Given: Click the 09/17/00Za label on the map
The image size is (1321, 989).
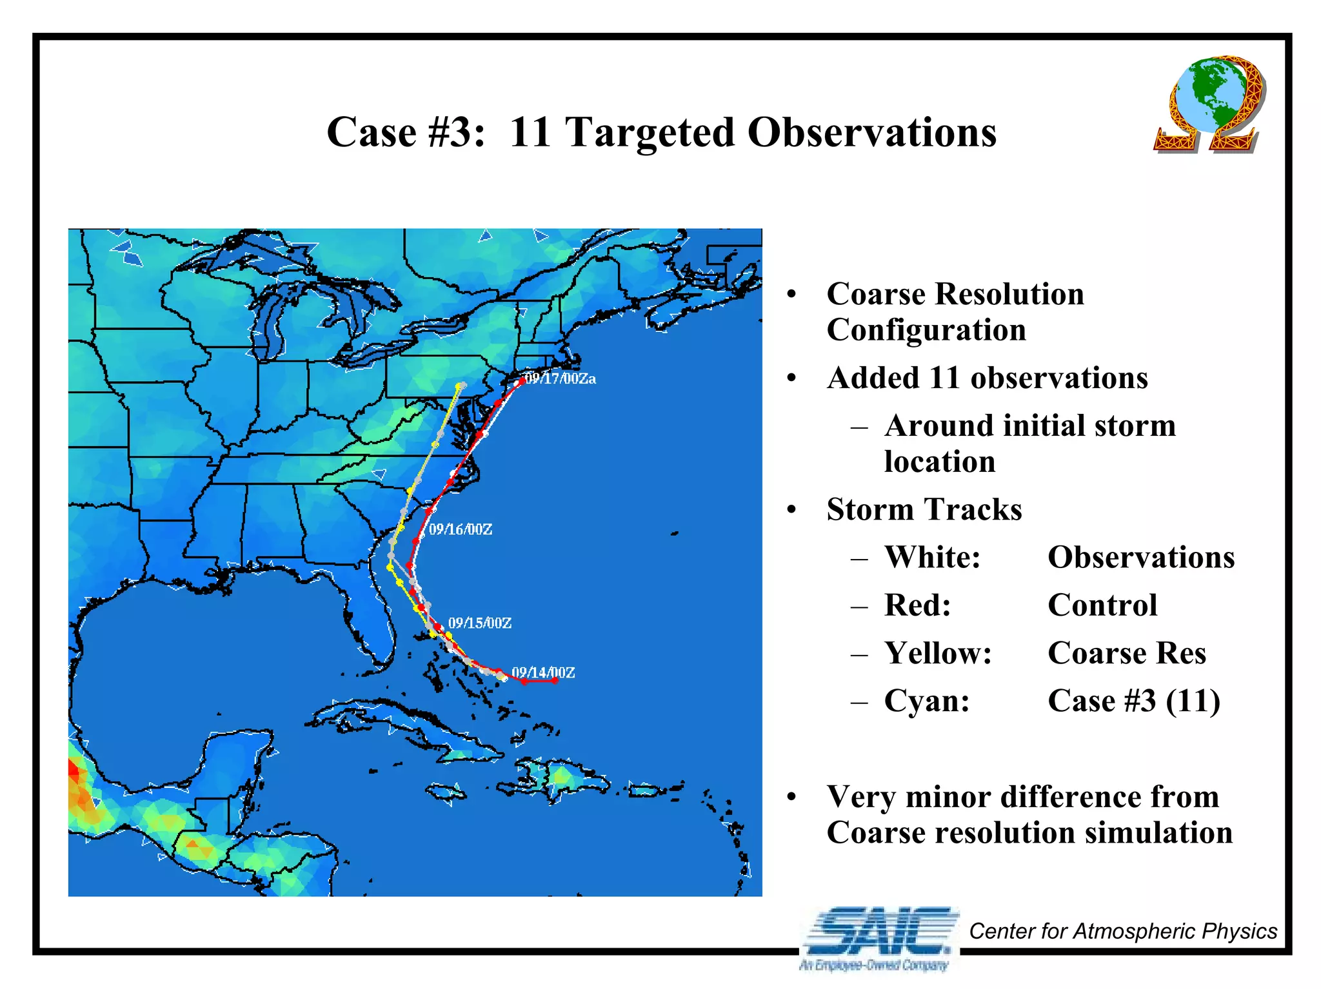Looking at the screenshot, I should click(x=560, y=378).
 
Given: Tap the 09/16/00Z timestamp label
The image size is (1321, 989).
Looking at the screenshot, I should click(x=461, y=529).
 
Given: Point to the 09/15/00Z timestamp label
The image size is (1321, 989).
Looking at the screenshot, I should click(x=480, y=623).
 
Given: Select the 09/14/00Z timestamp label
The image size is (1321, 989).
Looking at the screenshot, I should click(x=543, y=672).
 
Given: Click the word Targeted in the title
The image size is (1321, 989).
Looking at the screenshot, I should click(x=650, y=132).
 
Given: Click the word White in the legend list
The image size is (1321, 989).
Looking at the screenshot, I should click(x=932, y=557).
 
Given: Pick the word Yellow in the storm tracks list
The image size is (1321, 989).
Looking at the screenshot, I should click(x=937, y=653).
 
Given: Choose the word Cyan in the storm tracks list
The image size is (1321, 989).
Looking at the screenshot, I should click(x=927, y=701).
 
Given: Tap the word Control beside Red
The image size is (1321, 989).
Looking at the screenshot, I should click(x=1102, y=605).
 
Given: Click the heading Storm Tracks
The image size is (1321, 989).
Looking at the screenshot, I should click(x=924, y=509).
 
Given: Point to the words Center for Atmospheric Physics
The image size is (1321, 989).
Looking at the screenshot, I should click(x=1123, y=931).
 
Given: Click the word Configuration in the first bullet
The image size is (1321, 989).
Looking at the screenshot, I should click(x=926, y=330).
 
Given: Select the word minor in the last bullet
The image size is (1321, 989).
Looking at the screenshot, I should click(x=948, y=797).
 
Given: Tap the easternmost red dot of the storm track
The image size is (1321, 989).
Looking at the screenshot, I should click(x=555, y=680).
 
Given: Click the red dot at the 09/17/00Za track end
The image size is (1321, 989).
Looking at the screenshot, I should click(x=521, y=382).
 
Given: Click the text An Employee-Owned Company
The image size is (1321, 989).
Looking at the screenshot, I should click(x=874, y=965).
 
